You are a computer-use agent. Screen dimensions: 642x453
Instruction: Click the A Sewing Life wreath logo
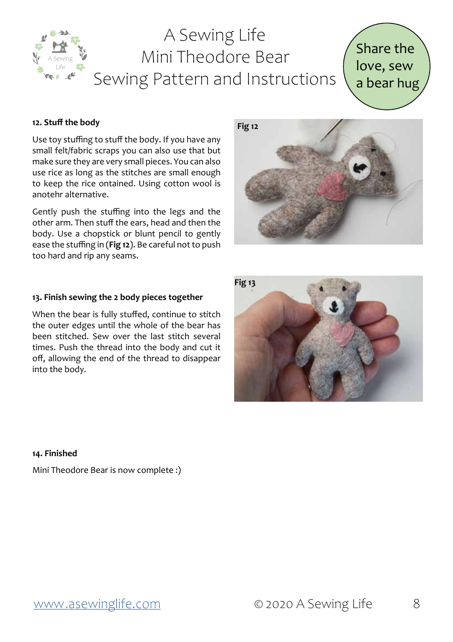tap(60, 55)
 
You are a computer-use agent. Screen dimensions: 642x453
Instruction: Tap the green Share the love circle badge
tap(386, 66)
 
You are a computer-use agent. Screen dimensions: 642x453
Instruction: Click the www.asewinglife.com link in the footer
tap(97, 604)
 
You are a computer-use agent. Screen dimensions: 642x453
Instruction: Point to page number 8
tap(416, 604)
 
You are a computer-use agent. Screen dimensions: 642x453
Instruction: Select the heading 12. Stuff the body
tap(66, 122)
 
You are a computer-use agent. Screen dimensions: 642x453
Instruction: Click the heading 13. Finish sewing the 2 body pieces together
tap(117, 297)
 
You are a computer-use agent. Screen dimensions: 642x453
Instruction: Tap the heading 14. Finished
tap(54, 453)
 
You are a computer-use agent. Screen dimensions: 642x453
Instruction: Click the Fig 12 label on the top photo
tap(247, 126)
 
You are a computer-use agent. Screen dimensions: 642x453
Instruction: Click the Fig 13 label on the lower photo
tap(245, 282)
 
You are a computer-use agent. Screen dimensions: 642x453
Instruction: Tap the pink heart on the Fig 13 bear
tap(342, 332)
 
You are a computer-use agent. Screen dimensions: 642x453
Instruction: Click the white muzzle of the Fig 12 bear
tap(360, 168)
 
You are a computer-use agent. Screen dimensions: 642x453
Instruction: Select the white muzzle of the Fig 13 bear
tap(334, 306)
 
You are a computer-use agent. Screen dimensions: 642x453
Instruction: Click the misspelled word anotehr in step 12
tap(48, 194)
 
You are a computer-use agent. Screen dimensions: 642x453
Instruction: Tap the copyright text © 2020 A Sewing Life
tap(313, 604)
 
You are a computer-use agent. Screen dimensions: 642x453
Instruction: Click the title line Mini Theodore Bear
tap(215, 57)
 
